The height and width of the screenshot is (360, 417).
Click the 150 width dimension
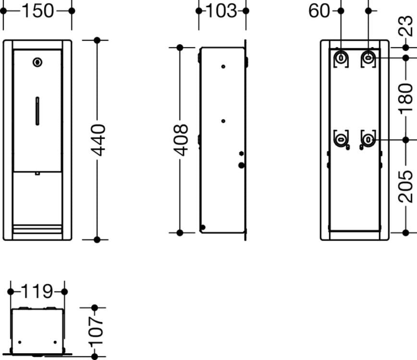click(x=37, y=11)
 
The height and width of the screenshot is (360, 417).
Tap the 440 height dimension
click(x=98, y=140)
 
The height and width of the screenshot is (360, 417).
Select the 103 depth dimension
click(x=221, y=11)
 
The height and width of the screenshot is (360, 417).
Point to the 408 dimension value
click(x=181, y=140)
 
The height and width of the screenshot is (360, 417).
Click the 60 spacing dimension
click(x=319, y=11)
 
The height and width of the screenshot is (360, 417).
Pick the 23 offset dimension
click(x=405, y=26)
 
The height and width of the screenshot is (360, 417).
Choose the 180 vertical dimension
click(x=405, y=98)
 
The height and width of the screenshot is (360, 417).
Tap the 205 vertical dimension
click(x=405, y=187)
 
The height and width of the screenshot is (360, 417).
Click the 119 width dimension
click(x=37, y=291)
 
